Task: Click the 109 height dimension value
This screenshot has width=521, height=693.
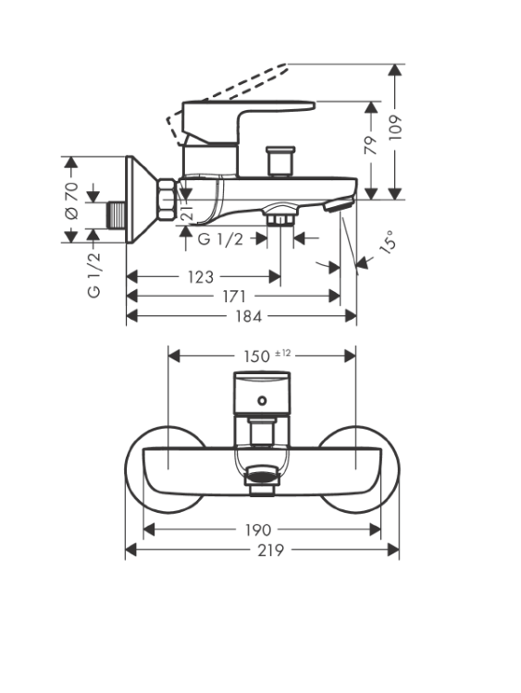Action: point(395,128)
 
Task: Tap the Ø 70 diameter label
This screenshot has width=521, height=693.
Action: point(71,201)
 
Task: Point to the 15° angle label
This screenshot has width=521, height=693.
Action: point(388,241)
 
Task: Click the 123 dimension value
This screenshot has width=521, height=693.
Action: point(201,277)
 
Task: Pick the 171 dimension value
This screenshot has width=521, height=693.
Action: point(234,297)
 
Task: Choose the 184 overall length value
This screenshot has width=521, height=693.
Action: point(248,316)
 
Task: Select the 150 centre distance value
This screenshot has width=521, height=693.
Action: point(256,357)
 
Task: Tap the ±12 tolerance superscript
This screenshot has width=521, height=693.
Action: point(283,353)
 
